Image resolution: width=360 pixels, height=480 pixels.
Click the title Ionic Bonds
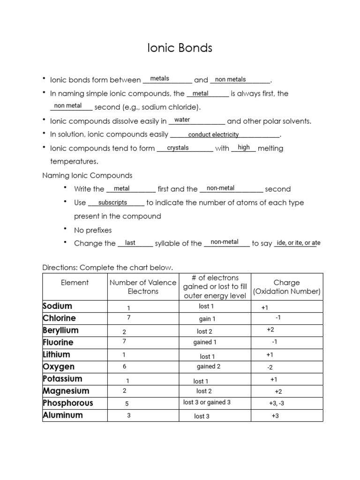pos(180,48)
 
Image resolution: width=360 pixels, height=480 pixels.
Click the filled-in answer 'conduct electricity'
pos(213,135)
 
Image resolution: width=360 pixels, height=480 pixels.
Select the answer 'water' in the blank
pos(182,120)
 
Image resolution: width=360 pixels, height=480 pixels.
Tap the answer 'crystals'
pos(178,148)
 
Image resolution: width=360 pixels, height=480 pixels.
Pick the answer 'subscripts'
pos(112,202)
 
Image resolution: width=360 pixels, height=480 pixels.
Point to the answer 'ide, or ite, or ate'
pos(299,243)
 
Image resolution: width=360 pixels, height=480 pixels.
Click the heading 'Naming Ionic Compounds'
pos(87,175)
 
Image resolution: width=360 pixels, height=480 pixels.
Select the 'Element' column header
pos(75,283)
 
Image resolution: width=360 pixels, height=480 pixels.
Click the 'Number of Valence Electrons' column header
pos(143,287)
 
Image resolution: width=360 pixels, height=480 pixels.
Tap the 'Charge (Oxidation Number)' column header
pos(286,287)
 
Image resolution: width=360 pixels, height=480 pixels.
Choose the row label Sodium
pos(58,306)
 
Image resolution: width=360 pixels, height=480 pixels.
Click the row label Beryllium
pos(61,330)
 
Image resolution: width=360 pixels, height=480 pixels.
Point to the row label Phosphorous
pos(68,403)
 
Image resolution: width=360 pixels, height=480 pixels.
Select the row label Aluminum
pos(63,415)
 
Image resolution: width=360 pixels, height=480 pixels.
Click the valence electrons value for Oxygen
pos(124,367)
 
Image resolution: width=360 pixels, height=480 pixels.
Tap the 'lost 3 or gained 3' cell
pos(207,402)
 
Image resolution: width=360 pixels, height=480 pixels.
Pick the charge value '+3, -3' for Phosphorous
pos(277,403)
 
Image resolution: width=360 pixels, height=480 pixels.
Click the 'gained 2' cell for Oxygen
pos(209,367)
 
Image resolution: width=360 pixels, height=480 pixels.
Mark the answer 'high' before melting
pos(244,148)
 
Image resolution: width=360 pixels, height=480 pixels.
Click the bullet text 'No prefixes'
pos(93,230)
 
